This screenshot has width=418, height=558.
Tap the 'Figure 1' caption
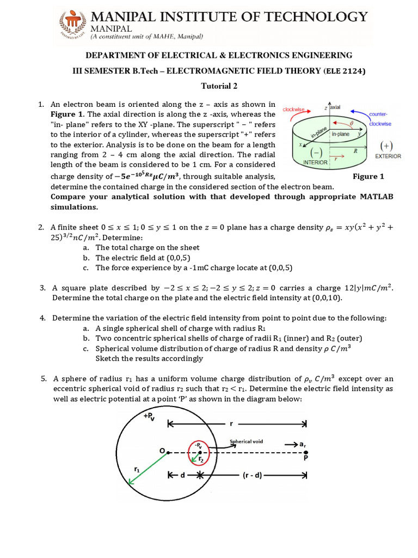pos(368,176)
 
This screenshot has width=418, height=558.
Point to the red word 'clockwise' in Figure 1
pos(293,109)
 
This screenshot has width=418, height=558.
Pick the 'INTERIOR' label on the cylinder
pos(316,162)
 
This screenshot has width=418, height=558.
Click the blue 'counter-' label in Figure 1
pos(378,114)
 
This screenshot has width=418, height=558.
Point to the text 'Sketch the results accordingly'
pos(149,359)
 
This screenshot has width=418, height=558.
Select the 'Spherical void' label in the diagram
pos(247,441)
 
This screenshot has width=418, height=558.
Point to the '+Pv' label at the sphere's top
pos(148,416)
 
